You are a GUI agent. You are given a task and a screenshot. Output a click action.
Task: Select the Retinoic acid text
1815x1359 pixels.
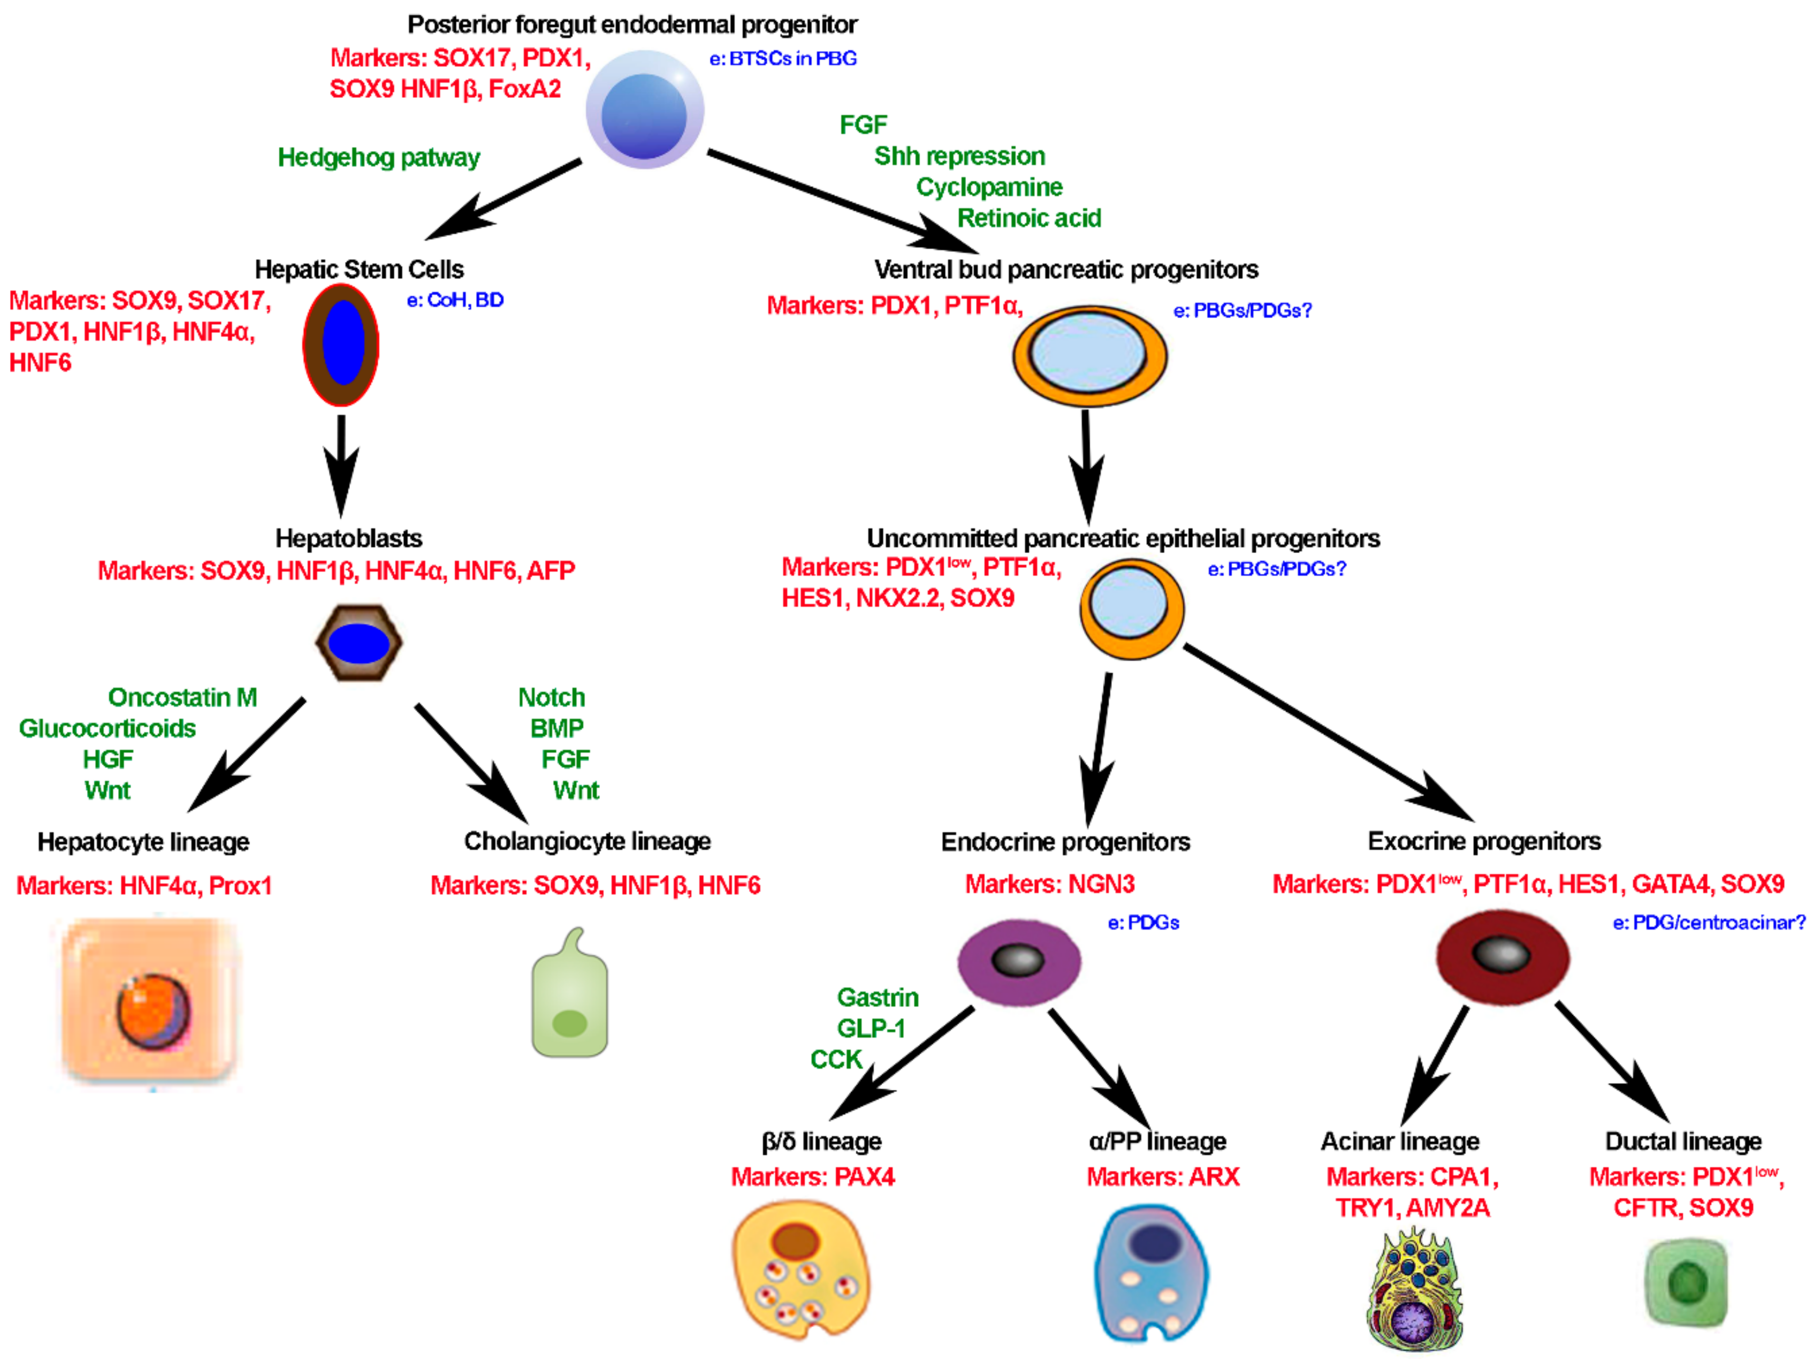click(x=1029, y=218)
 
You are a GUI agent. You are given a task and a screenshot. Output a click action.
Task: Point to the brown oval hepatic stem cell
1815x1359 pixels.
click(x=341, y=344)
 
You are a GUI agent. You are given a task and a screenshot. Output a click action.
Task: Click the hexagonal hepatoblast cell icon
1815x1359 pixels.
click(x=359, y=643)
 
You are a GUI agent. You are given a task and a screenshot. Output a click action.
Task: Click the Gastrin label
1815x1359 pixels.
click(x=877, y=997)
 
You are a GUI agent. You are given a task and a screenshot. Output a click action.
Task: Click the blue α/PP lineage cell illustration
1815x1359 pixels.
click(x=1151, y=1272)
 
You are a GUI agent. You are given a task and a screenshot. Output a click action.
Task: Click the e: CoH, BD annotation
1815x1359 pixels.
click(x=455, y=300)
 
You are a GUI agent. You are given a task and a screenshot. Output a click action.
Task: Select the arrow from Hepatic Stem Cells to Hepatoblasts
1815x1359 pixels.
click(x=341, y=464)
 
